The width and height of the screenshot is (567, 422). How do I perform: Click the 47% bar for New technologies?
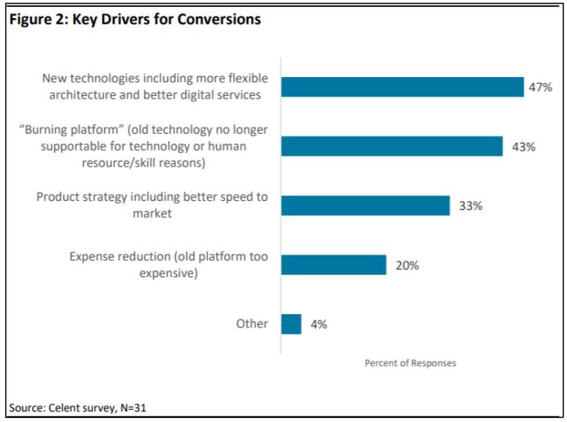tap(402, 87)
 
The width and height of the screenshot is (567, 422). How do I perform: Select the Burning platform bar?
tap(392, 146)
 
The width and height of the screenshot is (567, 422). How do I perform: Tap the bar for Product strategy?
tap(365, 206)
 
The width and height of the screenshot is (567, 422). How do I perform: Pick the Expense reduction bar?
tap(333, 265)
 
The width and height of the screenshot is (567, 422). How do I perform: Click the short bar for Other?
tap(291, 324)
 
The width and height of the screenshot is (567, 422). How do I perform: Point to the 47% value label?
tap(540, 87)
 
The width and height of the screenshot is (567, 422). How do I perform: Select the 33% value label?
tap(470, 206)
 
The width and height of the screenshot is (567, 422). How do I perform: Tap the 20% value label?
tap(407, 266)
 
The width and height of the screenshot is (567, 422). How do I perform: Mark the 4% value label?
tap(318, 325)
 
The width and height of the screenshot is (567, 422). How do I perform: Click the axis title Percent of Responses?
tap(410, 363)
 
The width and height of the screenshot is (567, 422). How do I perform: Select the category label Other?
tap(252, 324)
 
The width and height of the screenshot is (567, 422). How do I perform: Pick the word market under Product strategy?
tap(152, 213)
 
